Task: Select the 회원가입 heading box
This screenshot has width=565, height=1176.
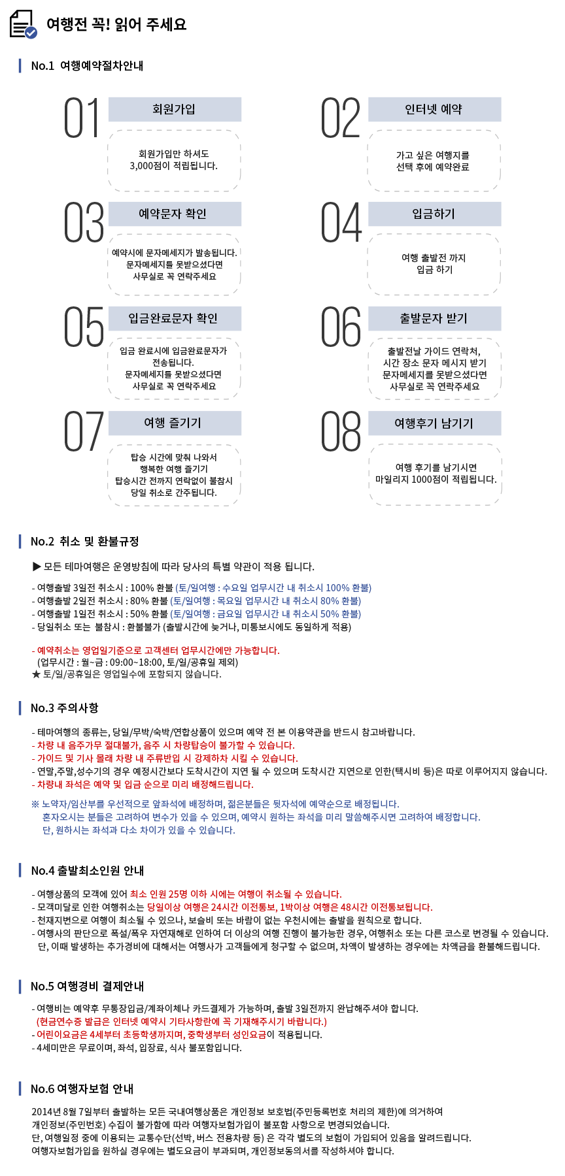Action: (175, 109)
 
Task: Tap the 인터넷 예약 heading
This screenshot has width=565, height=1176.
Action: (434, 109)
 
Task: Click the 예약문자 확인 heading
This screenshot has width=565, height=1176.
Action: (175, 214)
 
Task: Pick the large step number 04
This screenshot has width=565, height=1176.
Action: (341, 222)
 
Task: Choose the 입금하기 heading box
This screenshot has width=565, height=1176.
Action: (434, 214)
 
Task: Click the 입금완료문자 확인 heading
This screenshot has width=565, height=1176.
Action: (175, 318)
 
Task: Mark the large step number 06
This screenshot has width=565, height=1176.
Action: (341, 327)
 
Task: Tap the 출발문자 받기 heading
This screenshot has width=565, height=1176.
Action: (434, 318)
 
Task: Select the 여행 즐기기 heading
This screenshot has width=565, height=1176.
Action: (175, 423)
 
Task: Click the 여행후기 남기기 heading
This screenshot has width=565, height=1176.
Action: (434, 423)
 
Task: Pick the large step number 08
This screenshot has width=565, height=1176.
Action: (341, 431)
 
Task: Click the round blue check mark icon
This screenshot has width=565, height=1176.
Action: (31, 33)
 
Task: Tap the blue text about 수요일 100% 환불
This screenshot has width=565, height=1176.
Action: (273, 588)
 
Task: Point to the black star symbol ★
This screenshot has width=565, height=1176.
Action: (36, 674)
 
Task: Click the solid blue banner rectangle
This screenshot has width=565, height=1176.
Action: (251, 817)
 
